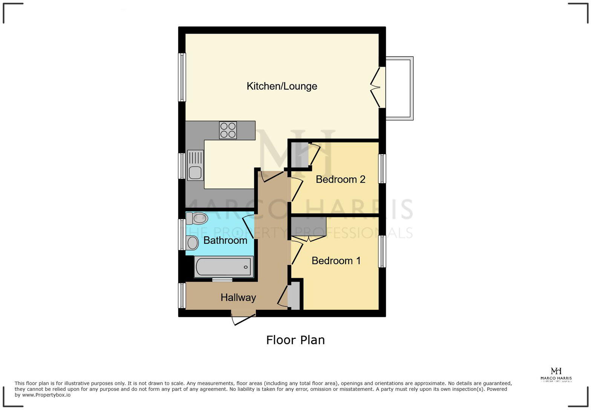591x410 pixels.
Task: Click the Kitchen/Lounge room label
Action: tap(282, 86)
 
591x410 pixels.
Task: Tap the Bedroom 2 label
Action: tap(340, 179)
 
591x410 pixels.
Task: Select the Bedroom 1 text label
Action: tap(336, 261)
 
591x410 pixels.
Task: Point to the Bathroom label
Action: tap(225, 240)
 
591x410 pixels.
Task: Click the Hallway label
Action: tap(238, 298)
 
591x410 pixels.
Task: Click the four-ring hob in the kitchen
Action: tap(228, 130)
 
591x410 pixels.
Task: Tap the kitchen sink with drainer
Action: tap(195, 165)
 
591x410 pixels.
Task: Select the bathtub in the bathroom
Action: tap(224, 267)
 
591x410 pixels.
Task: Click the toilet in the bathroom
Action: tap(197, 218)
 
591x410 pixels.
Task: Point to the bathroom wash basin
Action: tap(192, 243)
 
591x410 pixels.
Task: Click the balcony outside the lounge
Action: tap(400, 88)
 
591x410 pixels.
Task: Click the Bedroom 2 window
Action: tap(382, 168)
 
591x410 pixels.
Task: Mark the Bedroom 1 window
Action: tap(382, 251)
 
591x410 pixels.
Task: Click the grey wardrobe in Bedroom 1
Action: tap(308, 226)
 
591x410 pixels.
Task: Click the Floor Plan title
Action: tap(295, 340)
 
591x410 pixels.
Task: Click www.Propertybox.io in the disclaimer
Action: tap(46, 395)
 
